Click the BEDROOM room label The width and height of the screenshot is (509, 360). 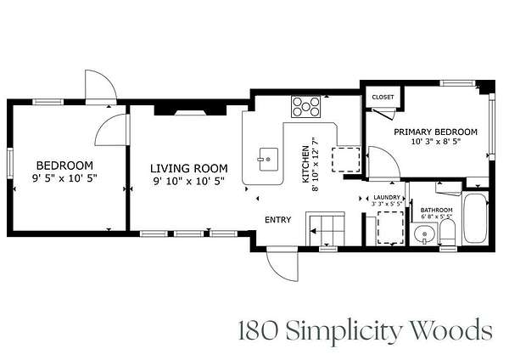[64, 166]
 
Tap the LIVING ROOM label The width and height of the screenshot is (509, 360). [188, 168]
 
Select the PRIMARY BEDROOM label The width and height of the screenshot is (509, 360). [435, 132]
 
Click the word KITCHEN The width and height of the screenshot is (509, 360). [305, 164]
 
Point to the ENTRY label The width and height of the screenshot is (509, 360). [278, 220]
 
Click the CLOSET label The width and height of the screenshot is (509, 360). [383, 97]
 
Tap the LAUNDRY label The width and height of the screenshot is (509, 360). [387, 197]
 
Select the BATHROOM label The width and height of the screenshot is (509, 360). [436, 210]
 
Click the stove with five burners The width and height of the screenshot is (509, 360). [305, 107]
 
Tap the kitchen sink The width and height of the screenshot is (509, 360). [268, 160]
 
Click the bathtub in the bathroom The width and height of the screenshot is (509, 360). [475, 217]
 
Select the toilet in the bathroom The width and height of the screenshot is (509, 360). [448, 232]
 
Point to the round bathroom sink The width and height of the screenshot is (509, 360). [424, 233]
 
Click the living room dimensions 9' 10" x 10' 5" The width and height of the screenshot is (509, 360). [188, 182]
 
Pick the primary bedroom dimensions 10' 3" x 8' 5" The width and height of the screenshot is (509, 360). [436, 142]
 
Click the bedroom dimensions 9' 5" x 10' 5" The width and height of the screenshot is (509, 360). [64, 178]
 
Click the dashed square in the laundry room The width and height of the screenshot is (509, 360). [391, 228]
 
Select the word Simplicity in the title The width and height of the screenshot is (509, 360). [345, 330]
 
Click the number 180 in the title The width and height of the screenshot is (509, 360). [259, 330]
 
